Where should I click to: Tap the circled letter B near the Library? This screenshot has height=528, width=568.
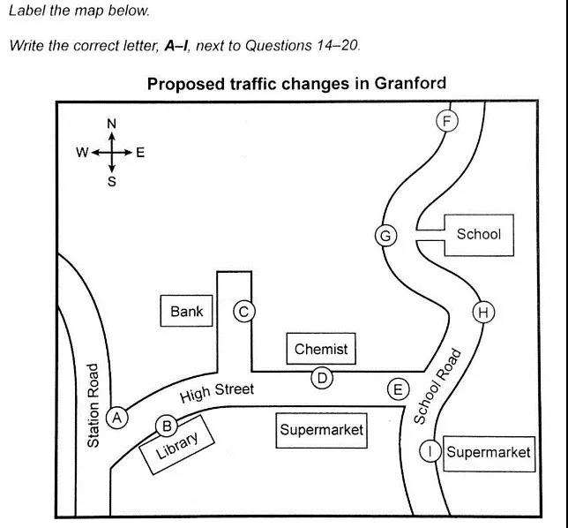[166, 426]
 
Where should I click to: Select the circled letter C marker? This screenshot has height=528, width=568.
[244, 311]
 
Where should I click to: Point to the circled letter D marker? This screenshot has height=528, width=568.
[323, 379]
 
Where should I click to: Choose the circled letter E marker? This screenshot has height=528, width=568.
[399, 388]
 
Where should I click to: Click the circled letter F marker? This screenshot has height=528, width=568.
[448, 121]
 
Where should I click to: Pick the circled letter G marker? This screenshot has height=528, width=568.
[385, 236]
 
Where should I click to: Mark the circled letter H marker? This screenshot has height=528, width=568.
[483, 312]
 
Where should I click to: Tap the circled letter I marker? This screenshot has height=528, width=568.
[430, 451]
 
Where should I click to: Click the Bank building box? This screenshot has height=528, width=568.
[187, 311]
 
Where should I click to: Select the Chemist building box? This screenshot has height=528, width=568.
[321, 349]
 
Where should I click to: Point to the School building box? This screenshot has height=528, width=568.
[478, 234]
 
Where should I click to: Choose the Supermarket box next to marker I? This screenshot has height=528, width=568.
[489, 452]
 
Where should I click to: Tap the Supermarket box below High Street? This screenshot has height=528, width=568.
[321, 431]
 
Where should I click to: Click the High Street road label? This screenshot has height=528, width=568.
[217, 393]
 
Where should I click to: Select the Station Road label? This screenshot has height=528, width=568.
[94, 405]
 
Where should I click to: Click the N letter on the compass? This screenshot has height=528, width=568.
[112, 124]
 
